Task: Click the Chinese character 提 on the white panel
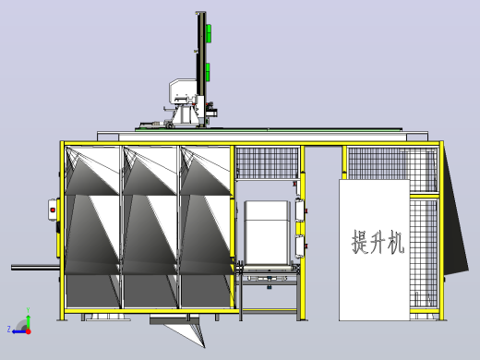[x=360, y=242]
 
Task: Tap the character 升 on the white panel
[x=378, y=242]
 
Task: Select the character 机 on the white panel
[x=396, y=242]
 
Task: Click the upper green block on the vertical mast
[x=209, y=33]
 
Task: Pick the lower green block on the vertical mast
[x=209, y=72]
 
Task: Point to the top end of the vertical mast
[x=200, y=13]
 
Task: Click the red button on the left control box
[x=53, y=210]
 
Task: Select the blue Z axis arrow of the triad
[x=19, y=331]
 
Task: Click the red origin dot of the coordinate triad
[x=29, y=331]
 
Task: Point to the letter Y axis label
[x=28, y=310]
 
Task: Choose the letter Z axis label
[x=9, y=330]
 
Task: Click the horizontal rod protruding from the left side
[x=36, y=268]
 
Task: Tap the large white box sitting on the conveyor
[x=267, y=233]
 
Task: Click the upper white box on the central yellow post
[x=300, y=210]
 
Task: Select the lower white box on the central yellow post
[x=300, y=246]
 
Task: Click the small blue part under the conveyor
[x=270, y=287]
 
